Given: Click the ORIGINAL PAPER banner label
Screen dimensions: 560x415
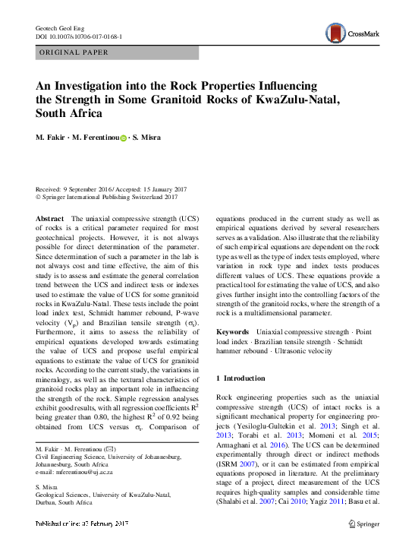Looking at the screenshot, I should tap(74, 52).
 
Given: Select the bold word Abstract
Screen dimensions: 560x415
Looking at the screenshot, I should tap(50, 218).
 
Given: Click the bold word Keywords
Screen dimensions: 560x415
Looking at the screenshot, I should tap(233, 332).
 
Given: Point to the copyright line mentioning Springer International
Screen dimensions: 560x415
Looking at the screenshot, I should tap(107, 197).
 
